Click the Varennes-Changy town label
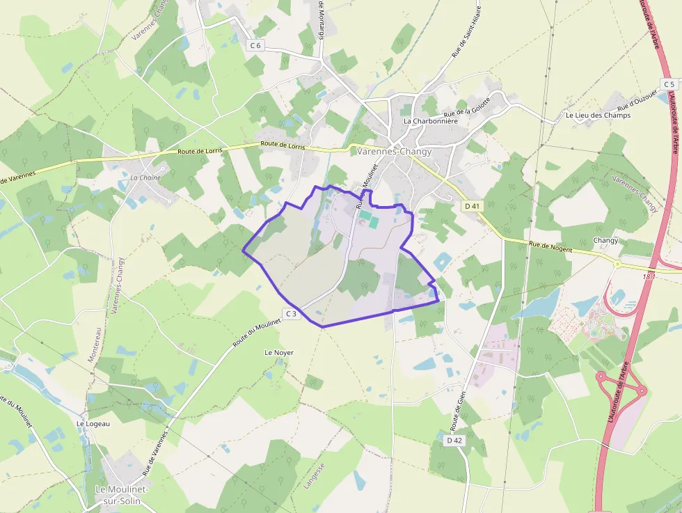tap(394, 151)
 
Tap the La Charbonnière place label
tap(431, 120)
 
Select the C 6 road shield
tap(255, 45)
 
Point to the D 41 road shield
tap(473, 206)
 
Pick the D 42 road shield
tap(454, 440)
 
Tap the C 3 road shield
tap(290, 314)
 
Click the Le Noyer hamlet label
tap(279, 353)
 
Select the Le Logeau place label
tap(93, 423)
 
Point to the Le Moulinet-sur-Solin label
tap(122, 494)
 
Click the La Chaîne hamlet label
tap(145, 177)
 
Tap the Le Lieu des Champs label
tap(598, 115)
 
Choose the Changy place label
tap(605, 240)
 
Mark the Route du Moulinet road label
tap(257, 332)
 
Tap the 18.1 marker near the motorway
tap(649, 277)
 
